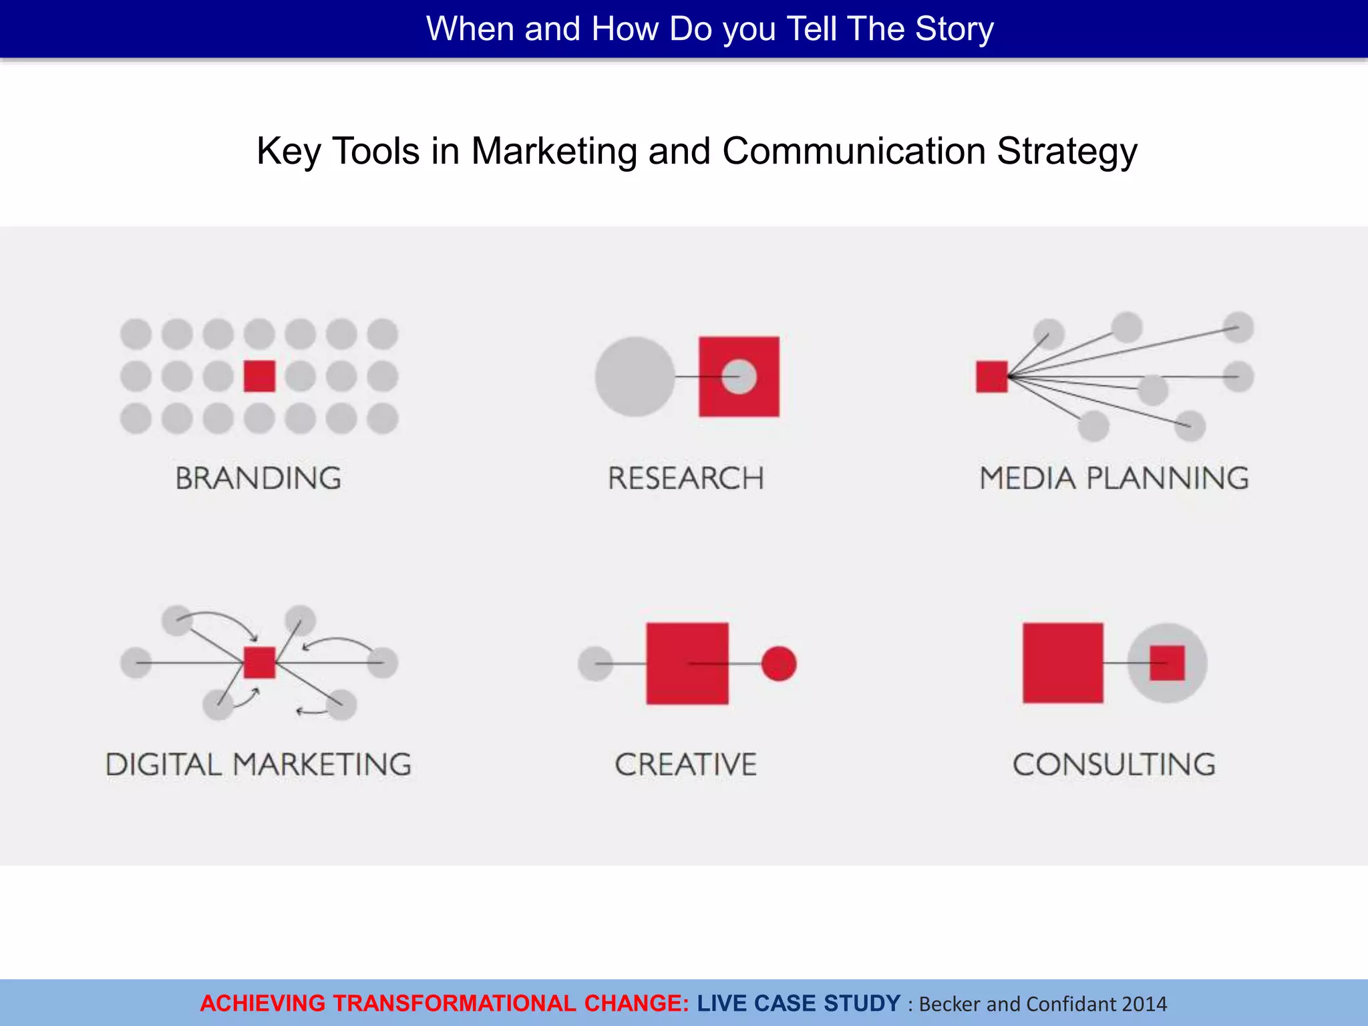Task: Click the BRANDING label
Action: [259, 478]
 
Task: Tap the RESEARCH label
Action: [685, 478]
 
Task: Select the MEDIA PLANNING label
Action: [1114, 478]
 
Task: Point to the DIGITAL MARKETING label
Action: [259, 764]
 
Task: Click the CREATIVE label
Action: [685, 764]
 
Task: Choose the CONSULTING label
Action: [1114, 764]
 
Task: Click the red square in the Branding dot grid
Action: [259, 376]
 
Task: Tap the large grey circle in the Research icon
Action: [635, 377]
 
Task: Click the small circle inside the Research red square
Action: [739, 377]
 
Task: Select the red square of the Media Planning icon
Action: [991, 377]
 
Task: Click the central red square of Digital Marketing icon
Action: [259, 663]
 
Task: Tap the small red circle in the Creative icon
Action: [779, 663]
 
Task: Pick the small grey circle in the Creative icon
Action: [595, 663]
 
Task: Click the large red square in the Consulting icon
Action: [1063, 663]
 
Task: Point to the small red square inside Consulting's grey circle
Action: [1167, 663]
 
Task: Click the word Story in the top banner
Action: [954, 29]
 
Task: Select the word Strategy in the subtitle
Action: [1067, 152]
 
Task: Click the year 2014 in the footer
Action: [1144, 1004]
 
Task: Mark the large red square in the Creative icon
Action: [687, 663]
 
